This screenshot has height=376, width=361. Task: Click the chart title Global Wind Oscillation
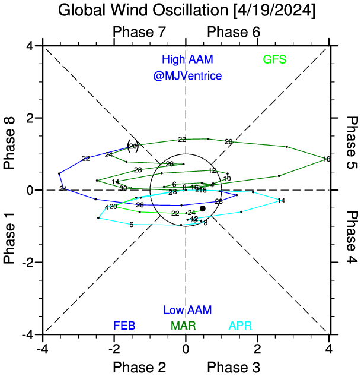(x=180, y=10)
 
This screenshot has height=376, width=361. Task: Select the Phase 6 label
(x=234, y=32)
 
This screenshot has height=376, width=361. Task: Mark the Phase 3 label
(x=234, y=366)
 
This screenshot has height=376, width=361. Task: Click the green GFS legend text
(x=275, y=59)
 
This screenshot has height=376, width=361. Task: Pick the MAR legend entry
(x=183, y=326)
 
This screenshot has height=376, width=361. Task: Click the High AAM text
(x=187, y=59)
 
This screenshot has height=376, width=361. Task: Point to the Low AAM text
(x=187, y=310)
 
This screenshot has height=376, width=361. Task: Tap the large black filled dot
(x=203, y=208)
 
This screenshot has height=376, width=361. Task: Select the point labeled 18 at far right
(x=327, y=159)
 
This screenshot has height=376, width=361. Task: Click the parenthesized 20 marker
(x=133, y=146)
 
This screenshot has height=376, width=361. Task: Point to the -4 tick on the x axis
(x=42, y=347)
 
